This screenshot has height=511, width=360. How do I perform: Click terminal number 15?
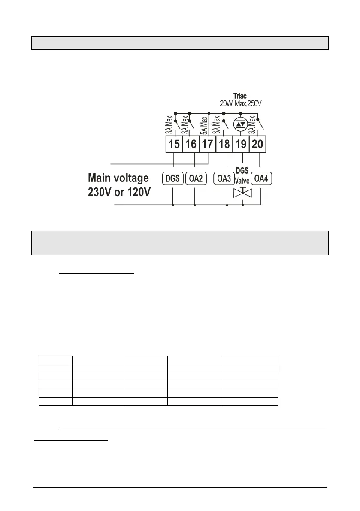tap(174, 144)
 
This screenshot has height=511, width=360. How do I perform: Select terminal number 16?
tap(191, 144)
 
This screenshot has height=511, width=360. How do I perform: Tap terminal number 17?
tap(207, 144)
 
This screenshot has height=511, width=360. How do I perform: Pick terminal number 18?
tap(224, 144)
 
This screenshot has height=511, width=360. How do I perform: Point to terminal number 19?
tap(242, 144)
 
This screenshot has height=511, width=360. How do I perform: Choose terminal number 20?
tap(258, 144)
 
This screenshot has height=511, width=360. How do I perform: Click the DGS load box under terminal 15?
tap(173, 178)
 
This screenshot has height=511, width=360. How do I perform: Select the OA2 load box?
tap(195, 178)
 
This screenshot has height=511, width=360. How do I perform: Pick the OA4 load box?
tap(261, 178)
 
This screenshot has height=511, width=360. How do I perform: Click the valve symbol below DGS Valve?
tap(243, 193)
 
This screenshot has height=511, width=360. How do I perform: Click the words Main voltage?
tap(118, 178)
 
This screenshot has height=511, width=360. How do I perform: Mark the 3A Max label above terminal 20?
tap(253, 125)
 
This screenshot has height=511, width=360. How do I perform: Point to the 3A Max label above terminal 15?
tap(170, 125)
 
